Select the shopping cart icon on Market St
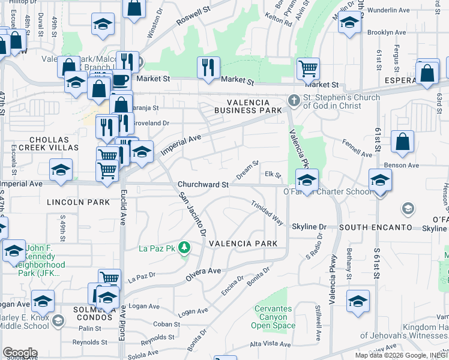tap(308, 68)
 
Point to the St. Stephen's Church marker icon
tap(294, 100)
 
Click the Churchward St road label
tap(203, 185)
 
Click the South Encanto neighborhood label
tap(375, 227)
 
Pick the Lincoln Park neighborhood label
tap(80, 202)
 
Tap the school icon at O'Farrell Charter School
tap(306, 179)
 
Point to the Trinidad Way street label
tap(267, 212)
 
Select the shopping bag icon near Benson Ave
tap(402, 142)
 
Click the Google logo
tap(20, 353)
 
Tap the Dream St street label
tap(247, 170)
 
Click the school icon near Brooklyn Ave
tap(349, 22)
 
